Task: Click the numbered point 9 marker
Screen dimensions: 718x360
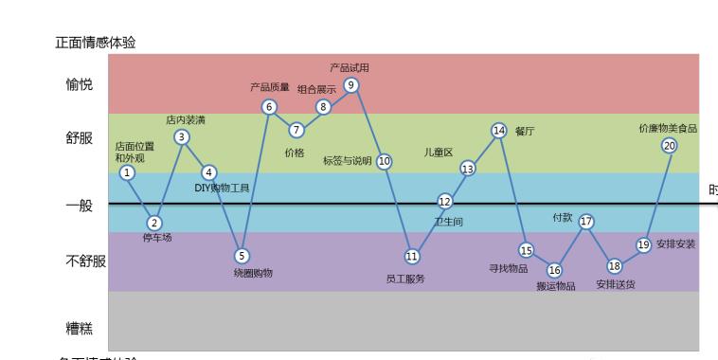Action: [x=351, y=85]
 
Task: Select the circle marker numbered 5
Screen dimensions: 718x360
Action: [x=242, y=255]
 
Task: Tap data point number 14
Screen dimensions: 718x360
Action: [x=499, y=130]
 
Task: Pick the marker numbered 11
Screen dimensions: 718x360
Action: [x=412, y=256]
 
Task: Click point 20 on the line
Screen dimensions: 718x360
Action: [x=670, y=146]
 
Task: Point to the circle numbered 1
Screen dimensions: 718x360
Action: [x=128, y=172]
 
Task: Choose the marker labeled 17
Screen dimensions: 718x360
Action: [x=586, y=222]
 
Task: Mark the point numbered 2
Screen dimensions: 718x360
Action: [x=154, y=223]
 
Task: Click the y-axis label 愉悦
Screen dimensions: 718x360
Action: [x=80, y=85]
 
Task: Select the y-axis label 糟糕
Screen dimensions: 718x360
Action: [x=80, y=329]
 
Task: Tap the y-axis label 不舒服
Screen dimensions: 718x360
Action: [x=85, y=261]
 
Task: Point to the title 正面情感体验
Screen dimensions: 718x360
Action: [x=96, y=43]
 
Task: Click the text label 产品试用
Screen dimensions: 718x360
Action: [x=350, y=68]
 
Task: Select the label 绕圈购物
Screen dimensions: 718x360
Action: [x=253, y=273]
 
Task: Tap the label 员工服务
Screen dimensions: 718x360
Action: [x=405, y=279]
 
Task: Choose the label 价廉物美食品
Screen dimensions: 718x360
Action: [x=668, y=128]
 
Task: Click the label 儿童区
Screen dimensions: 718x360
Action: [x=439, y=153]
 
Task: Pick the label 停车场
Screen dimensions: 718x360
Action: [x=157, y=238]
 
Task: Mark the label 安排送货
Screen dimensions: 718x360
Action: [x=616, y=283]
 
